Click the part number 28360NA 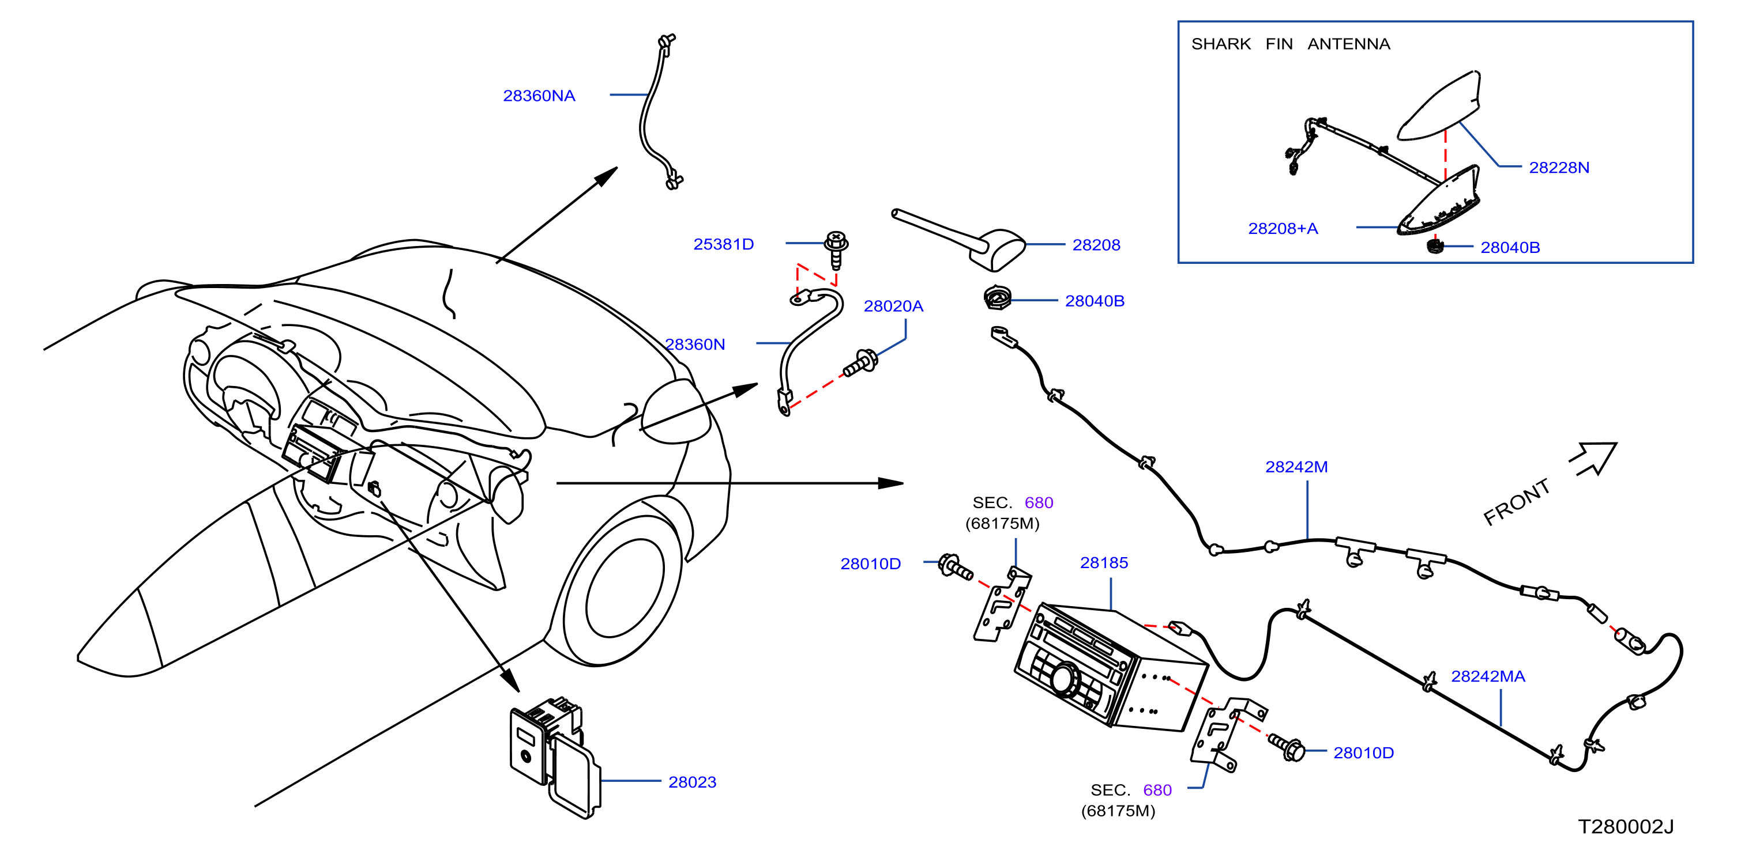(539, 96)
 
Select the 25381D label (723, 244)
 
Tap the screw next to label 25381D (836, 249)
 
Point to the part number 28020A (893, 306)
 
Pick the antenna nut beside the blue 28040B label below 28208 (998, 298)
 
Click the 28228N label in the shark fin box (1559, 168)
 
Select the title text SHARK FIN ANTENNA (1290, 44)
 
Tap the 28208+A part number (1283, 228)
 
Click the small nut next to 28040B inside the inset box (1434, 246)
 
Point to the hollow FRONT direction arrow (1595, 459)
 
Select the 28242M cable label (1296, 467)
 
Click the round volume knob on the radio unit (1065, 679)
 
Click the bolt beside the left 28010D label (955, 566)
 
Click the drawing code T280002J (1626, 827)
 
